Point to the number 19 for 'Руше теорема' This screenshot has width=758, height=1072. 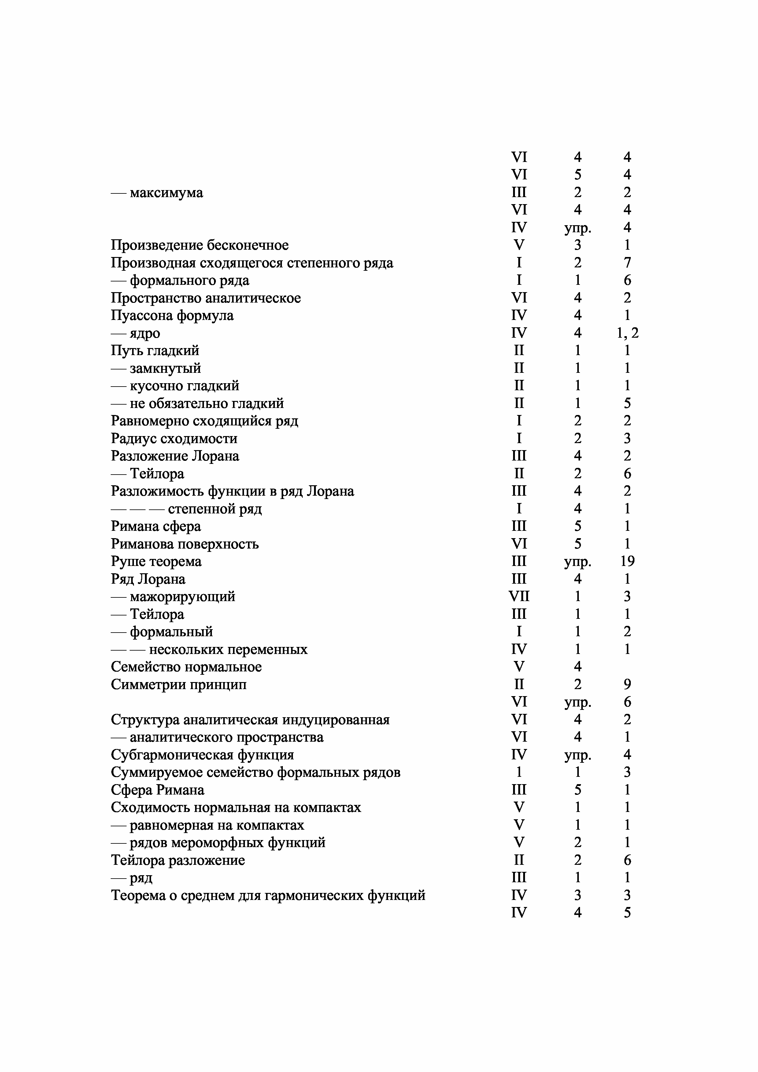point(627,561)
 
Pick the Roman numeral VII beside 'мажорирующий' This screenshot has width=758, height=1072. point(519,597)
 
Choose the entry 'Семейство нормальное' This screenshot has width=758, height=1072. point(186,667)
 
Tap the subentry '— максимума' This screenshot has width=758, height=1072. point(157,193)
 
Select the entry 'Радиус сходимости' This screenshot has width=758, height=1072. point(174,439)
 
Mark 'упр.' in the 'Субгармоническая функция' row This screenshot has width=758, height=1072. point(578,755)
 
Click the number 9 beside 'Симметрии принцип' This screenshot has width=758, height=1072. point(627,685)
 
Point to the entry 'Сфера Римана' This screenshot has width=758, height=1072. point(157,790)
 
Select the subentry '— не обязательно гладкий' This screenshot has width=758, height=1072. point(197,403)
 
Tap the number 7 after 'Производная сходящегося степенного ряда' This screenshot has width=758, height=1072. point(627,263)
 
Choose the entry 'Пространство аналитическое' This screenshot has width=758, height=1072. point(205,298)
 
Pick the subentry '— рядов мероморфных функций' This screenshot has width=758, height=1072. point(218,843)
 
